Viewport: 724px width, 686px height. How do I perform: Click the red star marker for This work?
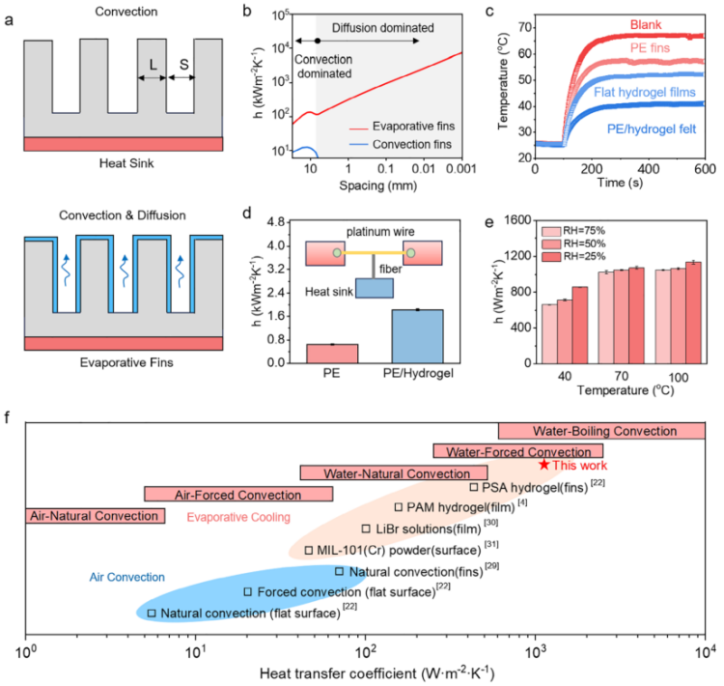tap(544, 465)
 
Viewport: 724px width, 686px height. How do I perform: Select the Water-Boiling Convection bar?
tap(601, 430)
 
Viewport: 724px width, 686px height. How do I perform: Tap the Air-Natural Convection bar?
tap(95, 516)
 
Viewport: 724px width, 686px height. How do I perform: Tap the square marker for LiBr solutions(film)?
tap(366, 529)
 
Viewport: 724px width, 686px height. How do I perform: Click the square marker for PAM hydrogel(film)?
tap(399, 506)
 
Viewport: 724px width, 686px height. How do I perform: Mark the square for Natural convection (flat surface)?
tap(152, 613)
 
